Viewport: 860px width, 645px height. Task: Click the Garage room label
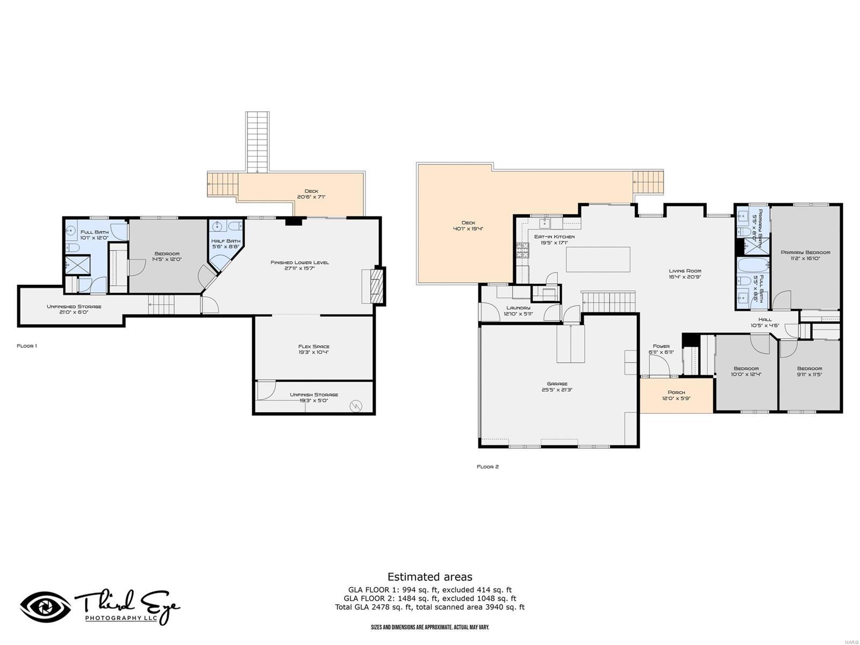(557, 384)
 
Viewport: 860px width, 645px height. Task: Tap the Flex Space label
(314, 347)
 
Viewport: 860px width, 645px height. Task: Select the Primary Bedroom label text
(805, 252)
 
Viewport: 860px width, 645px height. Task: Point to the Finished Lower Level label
(299, 262)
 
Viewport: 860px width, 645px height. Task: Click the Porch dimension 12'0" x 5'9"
(676, 399)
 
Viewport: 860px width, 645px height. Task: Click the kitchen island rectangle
(598, 260)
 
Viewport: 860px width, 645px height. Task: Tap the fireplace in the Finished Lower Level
(378, 286)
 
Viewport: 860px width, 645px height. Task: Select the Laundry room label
(518, 308)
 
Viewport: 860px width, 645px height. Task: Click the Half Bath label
(226, 241)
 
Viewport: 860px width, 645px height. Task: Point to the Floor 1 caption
(27, 346)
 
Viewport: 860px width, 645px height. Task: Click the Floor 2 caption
(488, 467)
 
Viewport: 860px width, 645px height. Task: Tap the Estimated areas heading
(429, 577)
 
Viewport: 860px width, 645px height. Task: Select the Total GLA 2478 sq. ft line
(429, 607)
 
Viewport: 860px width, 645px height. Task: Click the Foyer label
(661, 346)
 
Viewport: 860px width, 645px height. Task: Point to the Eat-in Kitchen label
(554, 236)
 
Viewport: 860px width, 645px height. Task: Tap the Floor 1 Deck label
(311, 191)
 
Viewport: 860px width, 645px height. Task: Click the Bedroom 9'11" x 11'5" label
(809, 369)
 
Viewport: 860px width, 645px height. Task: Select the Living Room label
(685, 271)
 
